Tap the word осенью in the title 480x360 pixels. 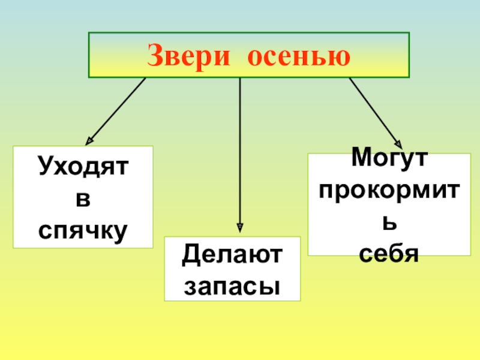pos(299,56)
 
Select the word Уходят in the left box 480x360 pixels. pos(83,166)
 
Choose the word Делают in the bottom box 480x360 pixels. pos(233,256)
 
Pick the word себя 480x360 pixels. pos(389,252)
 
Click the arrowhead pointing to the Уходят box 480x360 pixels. pos(90,140)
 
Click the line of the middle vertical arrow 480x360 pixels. pos(240,150)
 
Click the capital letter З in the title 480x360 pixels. pos(155,56)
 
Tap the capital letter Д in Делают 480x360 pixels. pos(191,256)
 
